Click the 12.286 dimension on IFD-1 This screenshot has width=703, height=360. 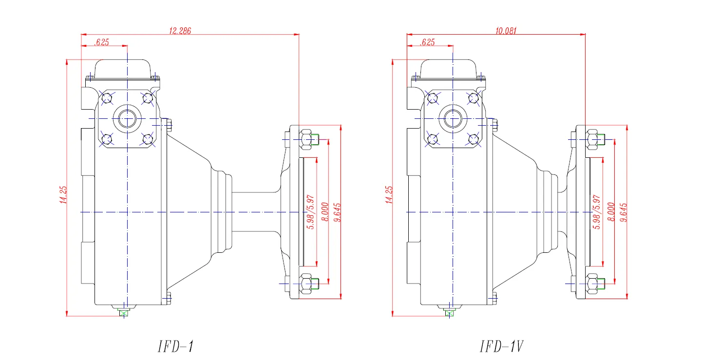coord(180,31)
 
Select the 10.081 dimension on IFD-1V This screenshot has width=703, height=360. coord(506,31)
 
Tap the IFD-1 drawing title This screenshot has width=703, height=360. coord(176,346)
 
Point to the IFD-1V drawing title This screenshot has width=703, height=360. coord(502,346)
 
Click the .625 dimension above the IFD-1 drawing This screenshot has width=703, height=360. coord(102,42)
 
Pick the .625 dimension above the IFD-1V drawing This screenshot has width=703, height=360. coord(427,42)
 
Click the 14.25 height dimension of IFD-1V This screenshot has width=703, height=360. coord(389,195)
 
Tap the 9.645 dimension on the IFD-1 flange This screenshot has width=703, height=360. coord(337,212)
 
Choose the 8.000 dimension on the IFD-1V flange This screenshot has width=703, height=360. coord(611,212)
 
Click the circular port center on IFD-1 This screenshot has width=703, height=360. coord(127,118)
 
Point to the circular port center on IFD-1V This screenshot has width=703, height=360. coord(453,118)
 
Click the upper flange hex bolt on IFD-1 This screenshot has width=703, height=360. coord(306,139)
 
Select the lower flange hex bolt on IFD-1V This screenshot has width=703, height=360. coord(592,282)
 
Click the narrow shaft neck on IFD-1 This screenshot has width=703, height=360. coord(256,212)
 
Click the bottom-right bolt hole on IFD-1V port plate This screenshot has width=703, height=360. coord(473,139)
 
